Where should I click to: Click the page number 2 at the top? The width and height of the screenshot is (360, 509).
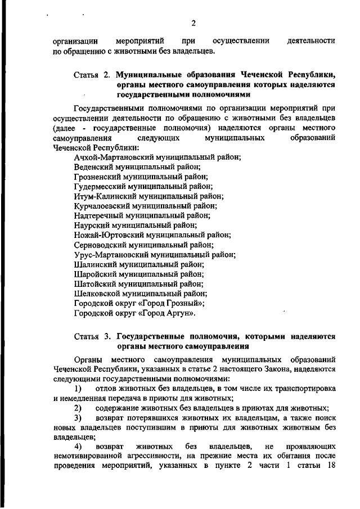tap(193, 23)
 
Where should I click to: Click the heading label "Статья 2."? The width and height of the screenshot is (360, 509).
tap(92, 75)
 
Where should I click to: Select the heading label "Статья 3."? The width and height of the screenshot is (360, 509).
tap(92, 336)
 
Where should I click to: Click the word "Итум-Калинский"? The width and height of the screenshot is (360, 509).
tap(102, 196)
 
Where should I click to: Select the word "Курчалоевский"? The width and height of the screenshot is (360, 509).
tap(101, 206)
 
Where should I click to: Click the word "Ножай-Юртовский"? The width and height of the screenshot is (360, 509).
tap(105, 235)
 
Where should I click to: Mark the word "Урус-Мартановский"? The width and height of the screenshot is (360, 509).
tap(108, 254)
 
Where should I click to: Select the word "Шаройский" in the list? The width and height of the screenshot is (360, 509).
tap(93, 274)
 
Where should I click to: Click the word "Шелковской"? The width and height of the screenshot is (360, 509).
tap(96, 293)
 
